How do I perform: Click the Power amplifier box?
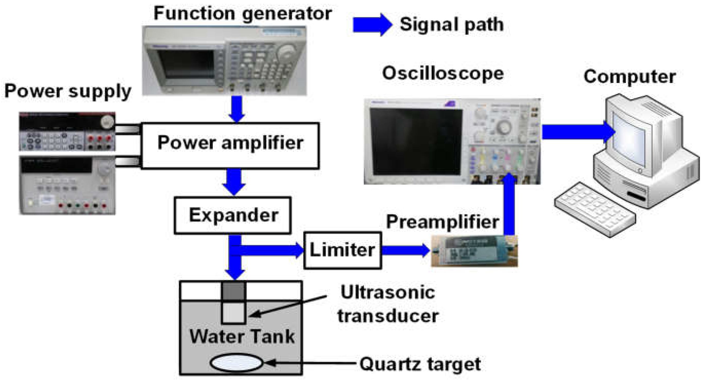230,146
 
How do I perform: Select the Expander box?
233,215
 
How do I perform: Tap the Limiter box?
342,250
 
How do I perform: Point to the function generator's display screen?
186,63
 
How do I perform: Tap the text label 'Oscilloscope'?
443,73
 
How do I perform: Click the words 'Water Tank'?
242,336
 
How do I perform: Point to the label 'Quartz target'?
420,364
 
